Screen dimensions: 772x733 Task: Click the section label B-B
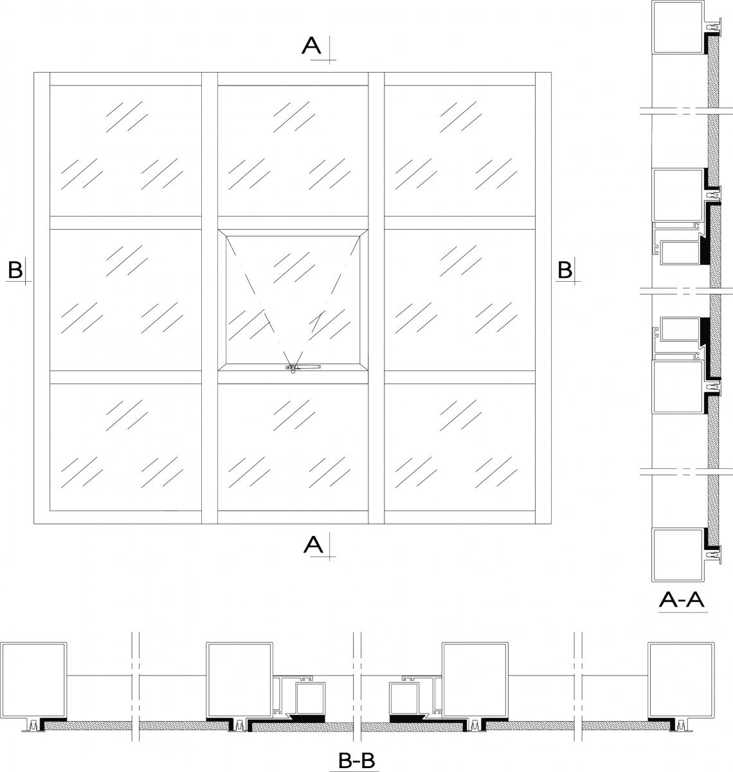click(x=356, y=760)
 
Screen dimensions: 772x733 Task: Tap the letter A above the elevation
click(x=312, y=46)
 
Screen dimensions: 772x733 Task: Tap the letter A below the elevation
click(x=313, y=545)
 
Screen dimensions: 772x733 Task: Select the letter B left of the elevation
click(x=15, y=270)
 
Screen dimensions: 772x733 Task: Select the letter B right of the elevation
click(x=564, y=270)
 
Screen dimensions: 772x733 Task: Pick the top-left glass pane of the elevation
click(x=126, y=151)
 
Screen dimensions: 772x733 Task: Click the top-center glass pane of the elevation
click(x=293, y=151)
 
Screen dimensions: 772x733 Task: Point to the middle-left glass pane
click(x=126, y=300)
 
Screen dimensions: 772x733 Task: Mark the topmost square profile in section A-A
click(x=677, y=27)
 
